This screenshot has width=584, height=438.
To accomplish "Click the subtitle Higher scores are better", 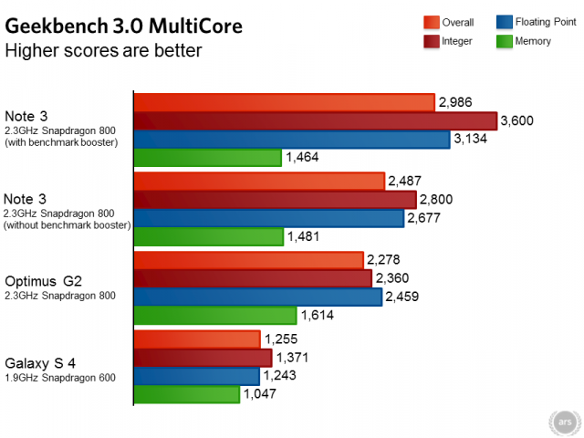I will (x=104, y=50).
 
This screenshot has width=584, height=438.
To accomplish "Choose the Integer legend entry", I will (x=455, y=41).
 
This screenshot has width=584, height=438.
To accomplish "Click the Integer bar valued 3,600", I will (x=315, y=120).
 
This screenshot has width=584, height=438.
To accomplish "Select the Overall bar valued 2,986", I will (x=284, y=102).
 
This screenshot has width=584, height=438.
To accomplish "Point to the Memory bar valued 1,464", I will (x=207, y=158).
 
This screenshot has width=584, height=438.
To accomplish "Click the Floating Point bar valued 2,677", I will (x=268, y=219).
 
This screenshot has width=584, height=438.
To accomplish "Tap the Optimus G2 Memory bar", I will (x=215, y=316).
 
